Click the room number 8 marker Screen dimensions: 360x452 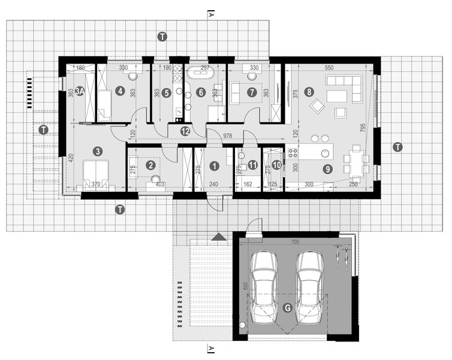309,92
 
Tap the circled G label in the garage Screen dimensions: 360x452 288,308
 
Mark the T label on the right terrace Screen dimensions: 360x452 396,146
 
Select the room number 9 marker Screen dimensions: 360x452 327,169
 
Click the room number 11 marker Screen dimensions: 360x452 252,164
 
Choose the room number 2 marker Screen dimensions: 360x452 151,164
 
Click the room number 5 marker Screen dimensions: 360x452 167,92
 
